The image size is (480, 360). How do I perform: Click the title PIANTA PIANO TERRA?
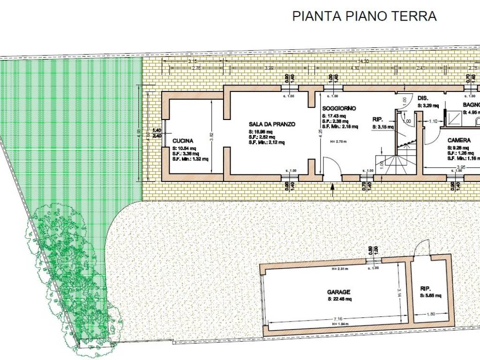click(364, 16)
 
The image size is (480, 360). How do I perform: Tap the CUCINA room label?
click(183, 141)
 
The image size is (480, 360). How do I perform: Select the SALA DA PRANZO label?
click(272, 124)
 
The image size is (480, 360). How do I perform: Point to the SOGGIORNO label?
click(339, 108)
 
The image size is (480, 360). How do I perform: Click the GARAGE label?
click(338, 292)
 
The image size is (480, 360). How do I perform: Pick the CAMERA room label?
click(459, 140)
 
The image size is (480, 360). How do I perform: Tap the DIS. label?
click(423, 98)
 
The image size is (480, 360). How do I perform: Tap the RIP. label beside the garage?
click(425, 289)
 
